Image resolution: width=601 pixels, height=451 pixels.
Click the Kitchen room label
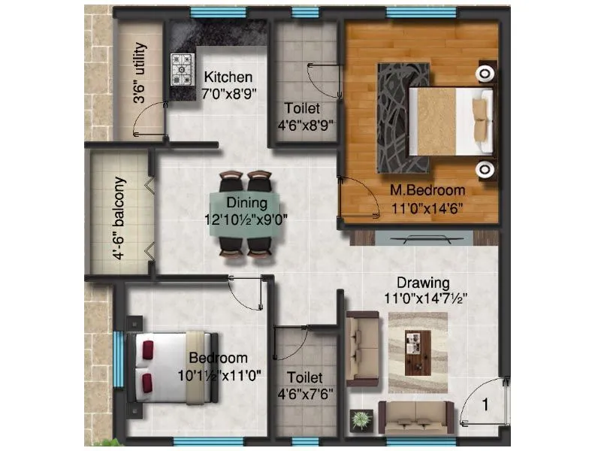click(228, 77)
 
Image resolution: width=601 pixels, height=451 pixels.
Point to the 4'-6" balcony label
click(119, 218)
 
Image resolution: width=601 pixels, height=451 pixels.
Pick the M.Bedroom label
click(427, 190)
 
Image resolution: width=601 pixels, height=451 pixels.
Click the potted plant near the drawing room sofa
click(362, 419)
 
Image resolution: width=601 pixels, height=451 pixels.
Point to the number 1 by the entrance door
click(485, 406)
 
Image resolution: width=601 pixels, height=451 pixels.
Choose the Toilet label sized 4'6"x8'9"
click(304, 108)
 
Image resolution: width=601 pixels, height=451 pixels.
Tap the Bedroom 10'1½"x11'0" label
click(218, 358)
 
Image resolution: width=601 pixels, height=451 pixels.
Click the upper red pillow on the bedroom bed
click(146, 350)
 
